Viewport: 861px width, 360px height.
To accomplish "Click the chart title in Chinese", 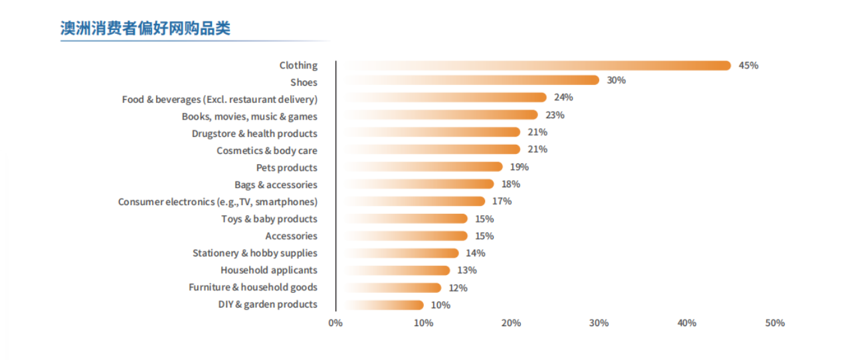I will coord(145,29).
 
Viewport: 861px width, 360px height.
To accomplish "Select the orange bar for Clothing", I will coord(531,66).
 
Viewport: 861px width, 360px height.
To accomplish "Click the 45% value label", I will coord(748,66).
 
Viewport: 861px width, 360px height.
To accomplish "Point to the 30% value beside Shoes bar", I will coord(616,80).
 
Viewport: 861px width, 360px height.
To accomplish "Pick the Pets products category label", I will coord(286,167).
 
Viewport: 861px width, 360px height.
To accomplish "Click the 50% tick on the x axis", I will coord(775,323).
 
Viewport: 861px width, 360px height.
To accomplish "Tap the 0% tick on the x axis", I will coord(335,323).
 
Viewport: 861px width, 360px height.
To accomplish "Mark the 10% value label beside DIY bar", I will coord(440,305).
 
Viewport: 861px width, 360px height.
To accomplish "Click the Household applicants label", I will coord(268,270).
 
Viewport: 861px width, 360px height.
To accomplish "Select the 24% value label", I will coord(563,98).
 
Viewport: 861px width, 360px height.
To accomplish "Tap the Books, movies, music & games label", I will coord(249,116).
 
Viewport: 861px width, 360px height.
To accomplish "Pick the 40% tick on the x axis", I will coord(686,323).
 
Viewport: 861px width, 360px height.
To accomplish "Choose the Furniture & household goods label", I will coord(252,288).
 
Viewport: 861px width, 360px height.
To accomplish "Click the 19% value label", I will coord(520,167).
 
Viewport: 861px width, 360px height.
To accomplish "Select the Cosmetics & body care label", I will coord(266,151).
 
